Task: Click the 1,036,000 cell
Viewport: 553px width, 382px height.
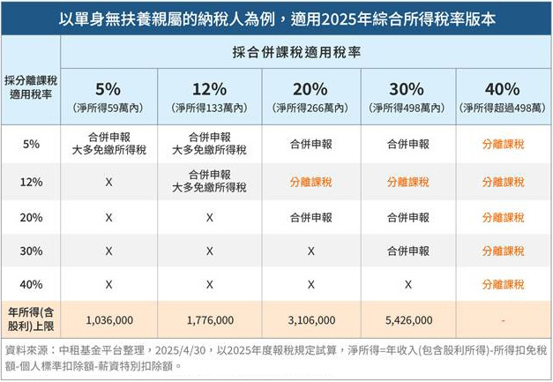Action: click(108, 319)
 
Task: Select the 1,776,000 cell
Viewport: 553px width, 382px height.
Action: click(209, 319)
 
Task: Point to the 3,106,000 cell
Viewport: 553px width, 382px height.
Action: click(310, 319)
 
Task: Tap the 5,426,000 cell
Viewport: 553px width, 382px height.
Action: click(407, 319)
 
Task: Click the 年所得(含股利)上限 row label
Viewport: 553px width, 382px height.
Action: click(30, 318)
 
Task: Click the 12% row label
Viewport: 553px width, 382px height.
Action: click(30, 182)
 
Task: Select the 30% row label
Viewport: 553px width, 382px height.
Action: click(30, 251)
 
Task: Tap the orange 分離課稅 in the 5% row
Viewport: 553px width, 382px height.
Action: click(503, 144)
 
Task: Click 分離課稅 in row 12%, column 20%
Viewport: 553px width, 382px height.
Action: click(310, 182)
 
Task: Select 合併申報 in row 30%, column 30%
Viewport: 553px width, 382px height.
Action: click(407, 251)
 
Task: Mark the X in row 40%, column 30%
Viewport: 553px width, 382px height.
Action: click(407, 285)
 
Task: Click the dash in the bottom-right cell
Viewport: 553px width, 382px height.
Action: click(503, 319)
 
